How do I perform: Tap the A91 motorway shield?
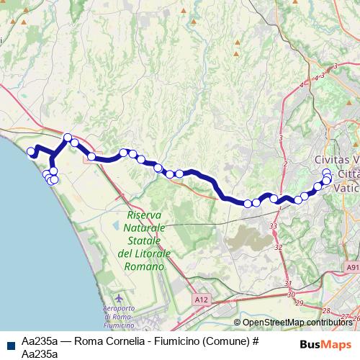coord(353,266)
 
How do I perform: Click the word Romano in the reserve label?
coord(145,266)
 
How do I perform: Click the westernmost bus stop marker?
coord(31,151)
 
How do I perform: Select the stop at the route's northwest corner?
coord(68,137)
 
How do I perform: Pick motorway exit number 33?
coord(274,226)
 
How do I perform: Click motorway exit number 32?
coord(278,247)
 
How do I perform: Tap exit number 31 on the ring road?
coord(288,284)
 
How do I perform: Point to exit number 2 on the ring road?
coord(286,165)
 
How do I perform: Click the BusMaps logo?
coord(325,343)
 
